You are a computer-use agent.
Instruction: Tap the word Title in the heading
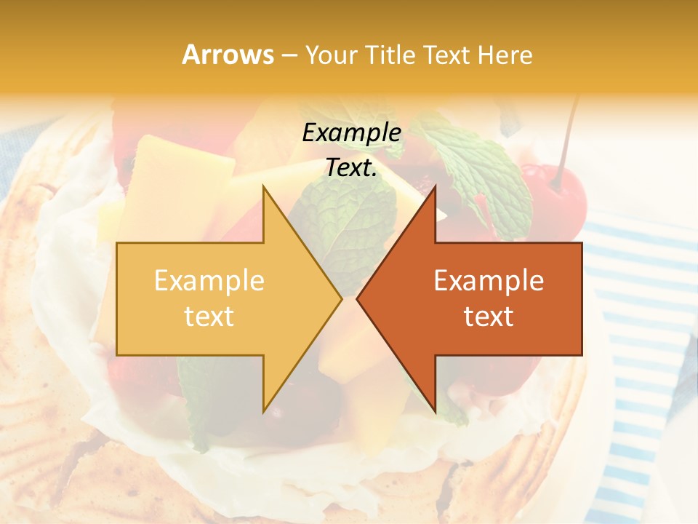point(390,55)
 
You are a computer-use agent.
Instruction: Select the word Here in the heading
point(504,55)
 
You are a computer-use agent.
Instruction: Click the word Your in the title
point(332,55)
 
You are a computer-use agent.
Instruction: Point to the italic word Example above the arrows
point(352,133)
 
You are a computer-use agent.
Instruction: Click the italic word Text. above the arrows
point(352,168)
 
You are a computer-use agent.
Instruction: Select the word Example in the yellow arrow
point(209,280)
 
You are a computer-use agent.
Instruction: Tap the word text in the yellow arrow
point(209,316)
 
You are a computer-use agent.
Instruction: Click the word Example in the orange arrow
point(489,280)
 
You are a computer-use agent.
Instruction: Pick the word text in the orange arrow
point(489,316)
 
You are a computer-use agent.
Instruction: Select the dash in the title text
point(289,55)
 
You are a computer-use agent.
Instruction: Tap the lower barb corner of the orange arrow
point(435,410)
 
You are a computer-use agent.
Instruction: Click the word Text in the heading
point(446,55)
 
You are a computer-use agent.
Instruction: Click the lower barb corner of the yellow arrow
point(264,410)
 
